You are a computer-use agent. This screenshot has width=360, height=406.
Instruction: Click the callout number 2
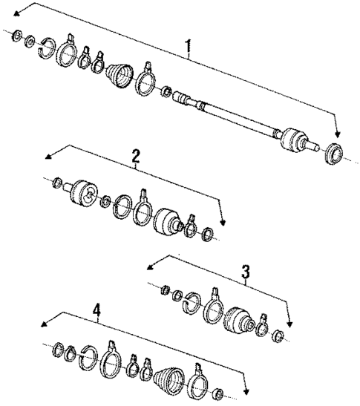coord(136,156)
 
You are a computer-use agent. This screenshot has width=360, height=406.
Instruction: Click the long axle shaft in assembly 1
coord(238,119)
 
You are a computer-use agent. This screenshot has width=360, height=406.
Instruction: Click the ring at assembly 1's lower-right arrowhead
coord(335,154)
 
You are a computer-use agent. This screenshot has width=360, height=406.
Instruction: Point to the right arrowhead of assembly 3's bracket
coord(289,325)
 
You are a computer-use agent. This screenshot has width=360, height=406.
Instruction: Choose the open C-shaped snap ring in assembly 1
coord(47,45)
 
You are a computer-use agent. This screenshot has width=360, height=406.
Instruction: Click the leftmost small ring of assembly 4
coord(58,347)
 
